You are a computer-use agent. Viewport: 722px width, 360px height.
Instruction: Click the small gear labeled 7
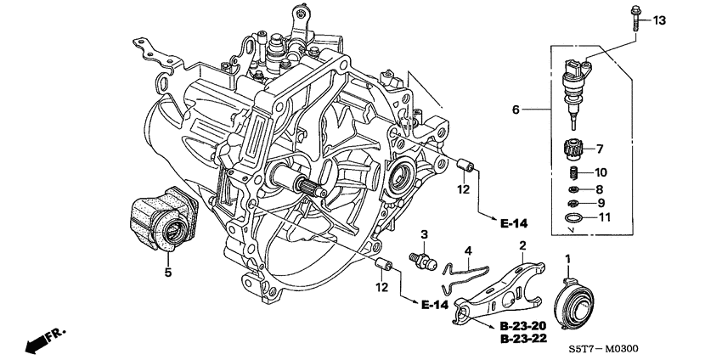point(577,150)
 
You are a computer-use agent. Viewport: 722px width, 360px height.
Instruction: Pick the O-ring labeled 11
point(573,219)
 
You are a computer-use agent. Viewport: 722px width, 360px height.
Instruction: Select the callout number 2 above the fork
point(522,245)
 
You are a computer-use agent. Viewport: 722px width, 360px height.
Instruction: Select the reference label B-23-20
point(522,324)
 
